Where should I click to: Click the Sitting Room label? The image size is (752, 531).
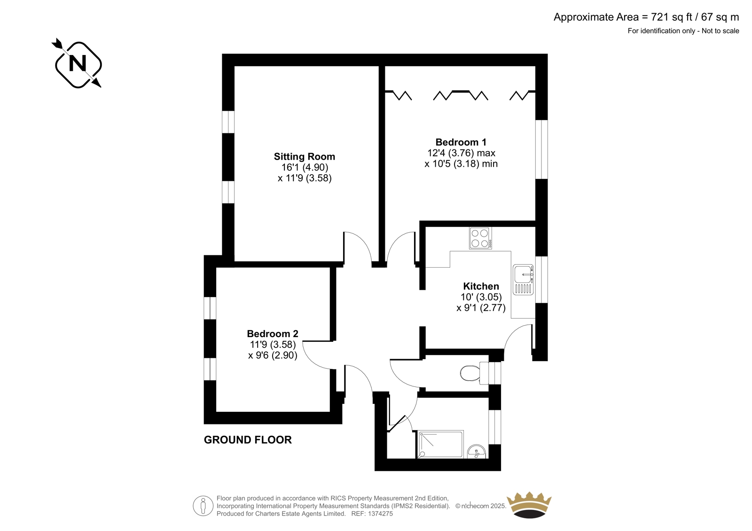coord(304,157)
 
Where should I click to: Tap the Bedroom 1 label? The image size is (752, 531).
coord(461,142)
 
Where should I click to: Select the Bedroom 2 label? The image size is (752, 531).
coord(272,334)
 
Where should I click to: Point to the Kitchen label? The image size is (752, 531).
coord(481,286)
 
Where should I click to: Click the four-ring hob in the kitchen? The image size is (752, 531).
coord(480,238)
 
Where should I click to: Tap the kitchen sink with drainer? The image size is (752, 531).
coord(523,280)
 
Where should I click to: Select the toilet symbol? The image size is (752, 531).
coord(474,373)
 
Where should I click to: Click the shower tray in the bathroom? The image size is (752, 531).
coord(440,444)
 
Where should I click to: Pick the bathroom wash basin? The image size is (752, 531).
coord(477,451)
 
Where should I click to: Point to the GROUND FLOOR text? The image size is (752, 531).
coord(248,440)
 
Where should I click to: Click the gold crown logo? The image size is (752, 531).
coord(529,505)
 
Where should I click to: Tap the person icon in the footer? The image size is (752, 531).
coord(203,506)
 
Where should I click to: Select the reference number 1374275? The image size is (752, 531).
coord(380,514)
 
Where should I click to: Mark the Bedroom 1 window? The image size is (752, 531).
coord(541,149)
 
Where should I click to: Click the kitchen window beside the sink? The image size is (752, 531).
coord(541,280)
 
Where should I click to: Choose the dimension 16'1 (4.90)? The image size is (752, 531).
coord(305,167)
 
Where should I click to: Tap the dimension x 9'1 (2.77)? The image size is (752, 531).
coord(481,308)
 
